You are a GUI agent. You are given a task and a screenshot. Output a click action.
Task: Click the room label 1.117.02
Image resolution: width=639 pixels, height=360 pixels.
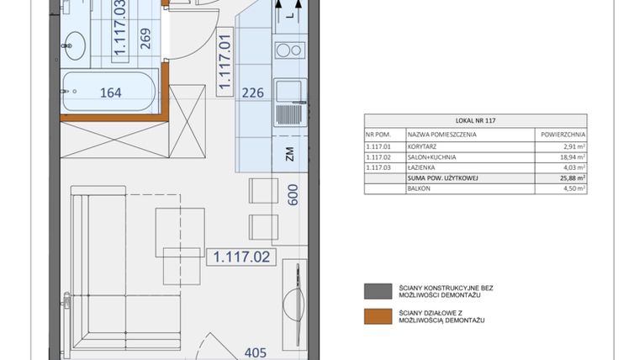241,257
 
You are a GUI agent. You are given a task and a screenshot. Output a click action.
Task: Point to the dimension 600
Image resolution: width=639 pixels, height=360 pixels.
293,194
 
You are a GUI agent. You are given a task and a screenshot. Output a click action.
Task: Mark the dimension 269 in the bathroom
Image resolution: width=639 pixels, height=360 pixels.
145,40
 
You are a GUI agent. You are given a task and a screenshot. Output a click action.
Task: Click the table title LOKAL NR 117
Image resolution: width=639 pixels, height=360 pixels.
475,120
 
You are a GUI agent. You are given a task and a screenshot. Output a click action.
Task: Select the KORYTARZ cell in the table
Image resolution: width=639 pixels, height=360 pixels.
425,146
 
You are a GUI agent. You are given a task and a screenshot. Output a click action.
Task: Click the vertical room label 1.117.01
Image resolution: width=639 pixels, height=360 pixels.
224,61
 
